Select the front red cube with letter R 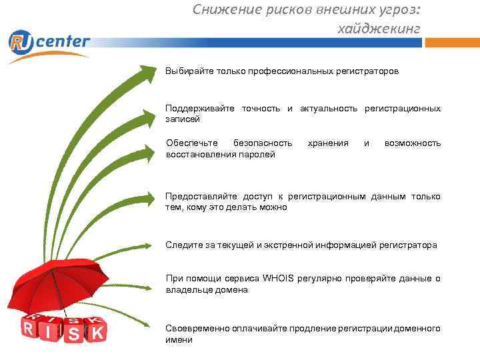[28, 329]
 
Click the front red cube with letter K [97, 333]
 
